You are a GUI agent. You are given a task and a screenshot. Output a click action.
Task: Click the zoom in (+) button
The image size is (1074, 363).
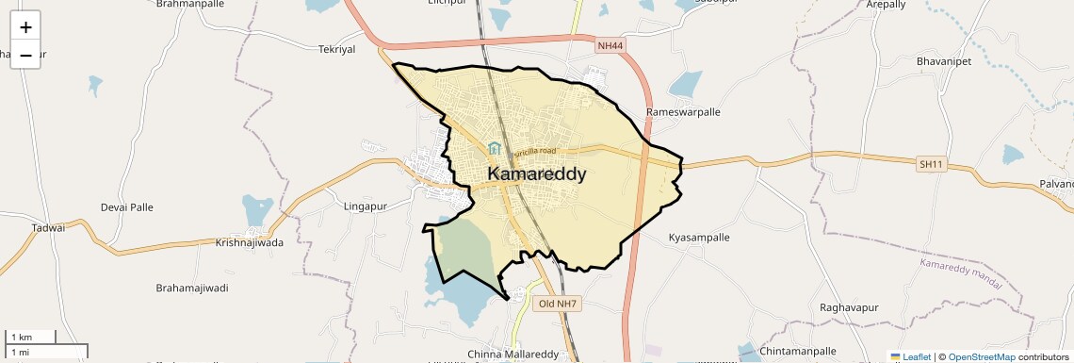[25, 27]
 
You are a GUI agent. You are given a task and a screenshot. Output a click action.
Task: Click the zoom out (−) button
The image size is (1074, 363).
[25, 56]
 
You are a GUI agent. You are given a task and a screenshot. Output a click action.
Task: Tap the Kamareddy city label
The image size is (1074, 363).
[537, 174]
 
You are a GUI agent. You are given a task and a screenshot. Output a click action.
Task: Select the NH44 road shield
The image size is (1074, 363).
[610, 45]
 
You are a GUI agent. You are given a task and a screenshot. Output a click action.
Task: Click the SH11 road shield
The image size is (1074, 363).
[930, 164]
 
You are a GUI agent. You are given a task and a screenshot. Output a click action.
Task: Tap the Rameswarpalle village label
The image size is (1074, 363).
[683, 111]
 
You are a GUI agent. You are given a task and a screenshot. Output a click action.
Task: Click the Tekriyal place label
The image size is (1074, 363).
[337, 49]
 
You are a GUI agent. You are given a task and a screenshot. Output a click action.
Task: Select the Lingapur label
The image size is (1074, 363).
[366, 206]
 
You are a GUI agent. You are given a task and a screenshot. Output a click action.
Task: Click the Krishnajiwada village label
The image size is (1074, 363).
[250, 241]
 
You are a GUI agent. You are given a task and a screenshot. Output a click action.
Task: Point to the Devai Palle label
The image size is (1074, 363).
[126, 206]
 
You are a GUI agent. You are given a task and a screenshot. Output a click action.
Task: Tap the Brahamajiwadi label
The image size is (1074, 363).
[192, 288]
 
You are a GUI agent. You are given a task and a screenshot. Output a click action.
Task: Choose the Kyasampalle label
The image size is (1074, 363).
[699, 238]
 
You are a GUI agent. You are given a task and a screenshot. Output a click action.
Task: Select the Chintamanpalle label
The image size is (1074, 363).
[797, 352]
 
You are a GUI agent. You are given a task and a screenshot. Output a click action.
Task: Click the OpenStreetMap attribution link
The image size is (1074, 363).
[981, 356]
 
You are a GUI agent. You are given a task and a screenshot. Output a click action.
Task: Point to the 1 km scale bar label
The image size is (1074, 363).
[20, 338]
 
